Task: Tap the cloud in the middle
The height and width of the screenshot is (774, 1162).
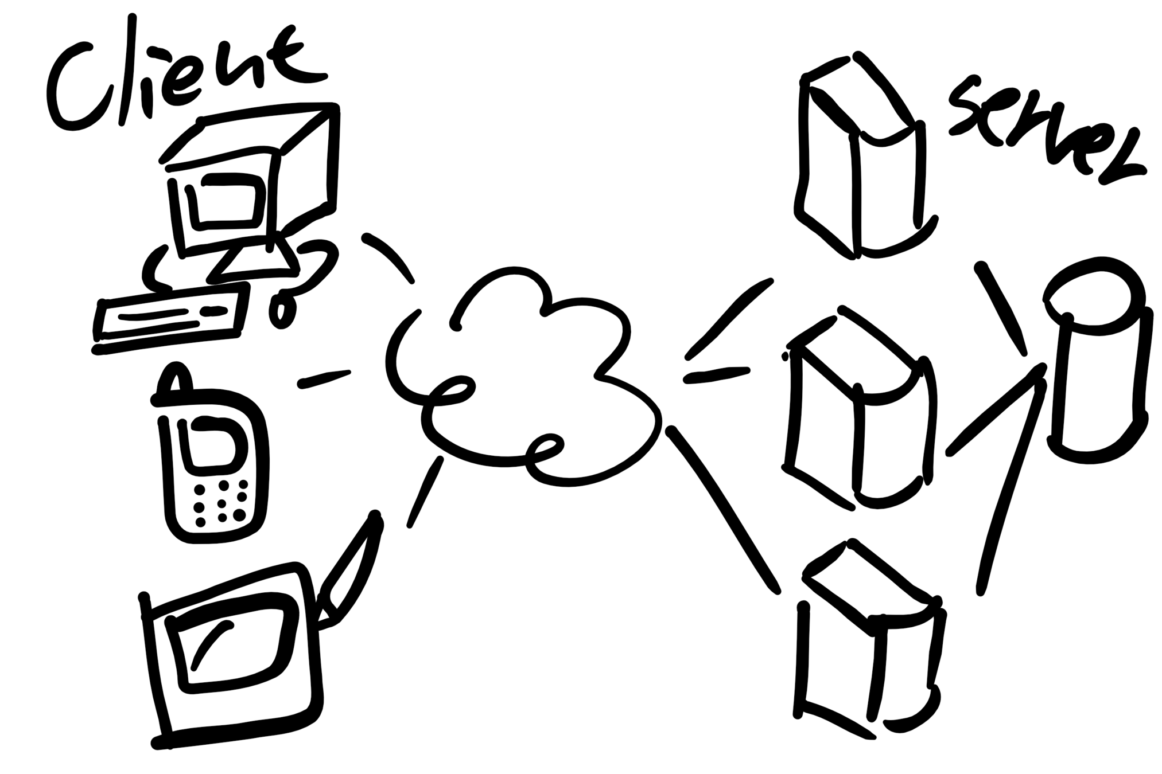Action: [x=522, y=378]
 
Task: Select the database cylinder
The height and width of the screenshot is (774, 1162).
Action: [x=1096, y=367]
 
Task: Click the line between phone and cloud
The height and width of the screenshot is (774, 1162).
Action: [x=324, y=378]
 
